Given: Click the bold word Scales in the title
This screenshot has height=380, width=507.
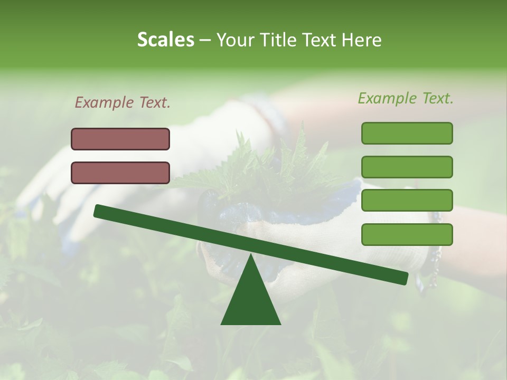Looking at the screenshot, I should click(x=165, y=40).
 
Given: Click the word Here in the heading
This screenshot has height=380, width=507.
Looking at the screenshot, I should click(x=362, y=40).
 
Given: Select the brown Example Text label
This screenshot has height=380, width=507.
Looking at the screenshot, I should click(x=123, y=102).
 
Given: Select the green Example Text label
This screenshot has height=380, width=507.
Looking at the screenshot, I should click(x=406, y=98).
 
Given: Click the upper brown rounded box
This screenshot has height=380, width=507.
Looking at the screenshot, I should click(x=120, y=139).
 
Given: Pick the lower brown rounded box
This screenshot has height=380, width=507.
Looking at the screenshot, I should click(x=120, y=173).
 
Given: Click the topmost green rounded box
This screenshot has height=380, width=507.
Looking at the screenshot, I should click(x=407, y=133).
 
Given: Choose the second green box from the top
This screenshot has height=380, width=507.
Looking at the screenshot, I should click(x=407, y=167).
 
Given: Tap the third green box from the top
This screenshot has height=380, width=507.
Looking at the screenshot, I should click(x=407, y=201).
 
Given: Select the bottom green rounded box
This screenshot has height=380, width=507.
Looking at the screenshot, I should click(x=407, y=234).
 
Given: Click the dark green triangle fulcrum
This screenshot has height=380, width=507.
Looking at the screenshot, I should click(x=251, y=301).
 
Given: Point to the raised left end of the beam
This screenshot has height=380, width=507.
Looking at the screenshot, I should click(x=98, y=211).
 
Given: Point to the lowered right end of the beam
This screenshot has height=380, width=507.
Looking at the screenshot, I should click(x=404, y=278).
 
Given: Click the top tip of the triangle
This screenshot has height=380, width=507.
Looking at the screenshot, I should click(x=251, y=255).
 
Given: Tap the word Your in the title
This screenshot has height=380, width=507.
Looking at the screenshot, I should click(x=235, y=40).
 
